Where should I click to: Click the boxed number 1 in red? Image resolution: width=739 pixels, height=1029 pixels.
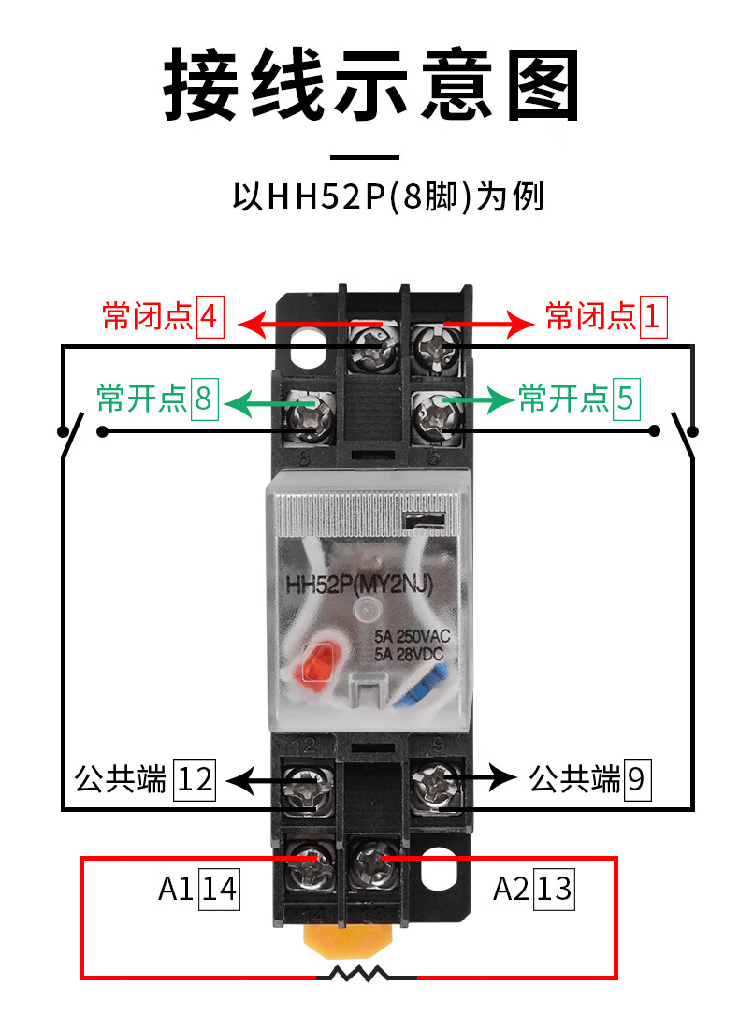pos(651,317)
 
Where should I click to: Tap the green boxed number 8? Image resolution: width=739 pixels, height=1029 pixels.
pos(203,399)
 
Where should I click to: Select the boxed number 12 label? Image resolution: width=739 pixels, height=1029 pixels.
pos(195,779)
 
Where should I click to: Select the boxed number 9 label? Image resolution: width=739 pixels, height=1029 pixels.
pos(636,779)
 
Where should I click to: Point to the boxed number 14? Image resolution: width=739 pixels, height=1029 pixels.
pos(220,889)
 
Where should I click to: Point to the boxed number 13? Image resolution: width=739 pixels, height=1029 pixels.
pos(554,889)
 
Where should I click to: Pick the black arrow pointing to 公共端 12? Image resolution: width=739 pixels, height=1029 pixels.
pos(257,778)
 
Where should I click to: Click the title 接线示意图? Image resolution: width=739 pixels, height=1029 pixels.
pos(369,84)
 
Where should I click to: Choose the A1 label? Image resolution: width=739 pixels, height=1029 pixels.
pos(175,889)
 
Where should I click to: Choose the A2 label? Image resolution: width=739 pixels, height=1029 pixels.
pos(511,889)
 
